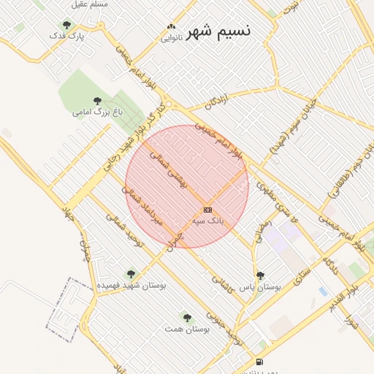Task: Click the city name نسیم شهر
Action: [x=218, y=31]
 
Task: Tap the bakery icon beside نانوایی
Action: [x=171, y=26]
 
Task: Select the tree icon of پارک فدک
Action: [x=67, y=26]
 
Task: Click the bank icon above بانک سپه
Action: [x=208, y=210]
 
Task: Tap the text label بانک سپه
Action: [x=207, y=220]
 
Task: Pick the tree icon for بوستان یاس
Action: [x=260, y=275]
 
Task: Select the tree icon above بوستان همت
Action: [x=187, y=318]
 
